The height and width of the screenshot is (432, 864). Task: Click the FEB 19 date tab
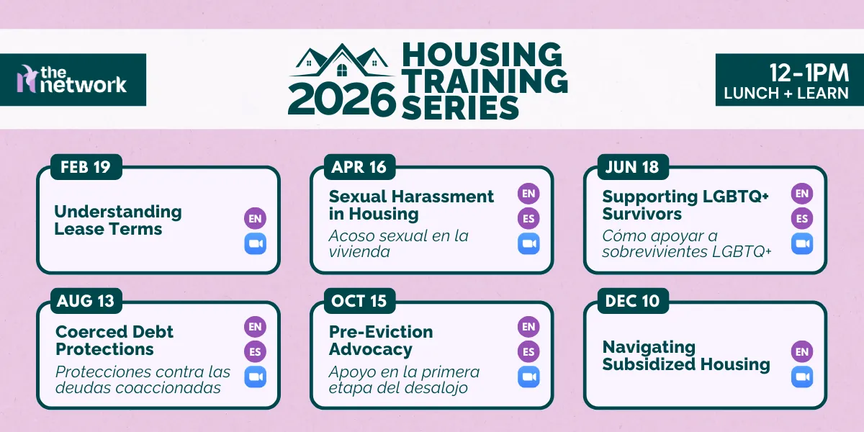(x=85, y=168)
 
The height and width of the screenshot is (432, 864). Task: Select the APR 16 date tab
(x=359, y=168)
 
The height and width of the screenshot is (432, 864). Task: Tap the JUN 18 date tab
(x=631, y=168)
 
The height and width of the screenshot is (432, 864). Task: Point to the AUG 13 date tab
(x=86, y=301)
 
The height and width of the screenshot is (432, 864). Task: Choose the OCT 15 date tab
(x=359, y=301)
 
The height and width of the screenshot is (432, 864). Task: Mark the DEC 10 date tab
(x=631, y=301)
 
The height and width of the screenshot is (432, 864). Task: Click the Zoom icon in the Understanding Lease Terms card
(x=255, y=244)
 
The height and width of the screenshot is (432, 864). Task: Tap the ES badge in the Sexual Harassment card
(x=528, y=217)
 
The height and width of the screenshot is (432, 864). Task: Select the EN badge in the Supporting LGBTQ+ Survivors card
(x=802, y=193)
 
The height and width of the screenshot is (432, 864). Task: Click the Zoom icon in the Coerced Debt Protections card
(x=255, y=377)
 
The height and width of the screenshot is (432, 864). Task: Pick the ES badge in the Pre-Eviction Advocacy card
(x=528, y=351)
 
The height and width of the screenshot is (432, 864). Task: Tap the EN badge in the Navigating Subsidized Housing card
(x=802, y=351)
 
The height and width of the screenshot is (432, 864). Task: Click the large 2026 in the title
(x=341, y=99)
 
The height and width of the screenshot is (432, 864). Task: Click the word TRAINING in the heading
(x=484, y=81)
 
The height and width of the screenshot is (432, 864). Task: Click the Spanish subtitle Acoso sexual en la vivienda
(x=398, y=243)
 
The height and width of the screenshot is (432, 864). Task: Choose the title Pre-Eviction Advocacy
(x=381, y=341)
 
